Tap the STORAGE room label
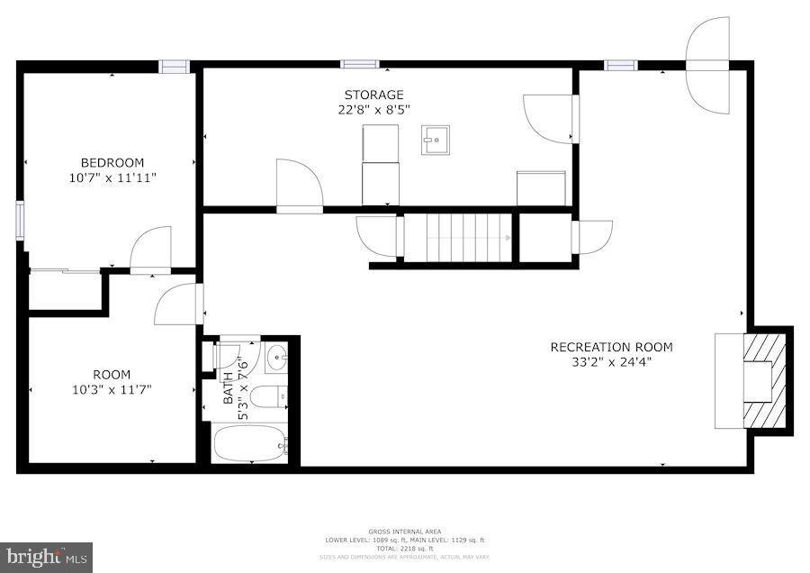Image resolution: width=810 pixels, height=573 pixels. tap(373, 95)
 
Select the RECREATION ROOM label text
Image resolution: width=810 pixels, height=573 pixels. tap(611, 347)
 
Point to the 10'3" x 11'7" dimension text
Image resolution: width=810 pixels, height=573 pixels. tap(112, 389)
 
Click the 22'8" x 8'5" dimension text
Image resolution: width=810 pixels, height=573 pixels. tap(373, 110)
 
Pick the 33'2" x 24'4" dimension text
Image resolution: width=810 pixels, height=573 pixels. tap(611, 362)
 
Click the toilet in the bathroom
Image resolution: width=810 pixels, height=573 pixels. tap(268, 396)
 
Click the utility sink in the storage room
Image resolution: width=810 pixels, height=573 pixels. tap(435, 140)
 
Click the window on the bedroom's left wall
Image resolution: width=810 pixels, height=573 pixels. tap(20, 221)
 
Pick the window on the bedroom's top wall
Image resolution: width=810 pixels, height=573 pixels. tap(174, 66)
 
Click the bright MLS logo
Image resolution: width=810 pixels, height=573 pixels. tap(46, 557)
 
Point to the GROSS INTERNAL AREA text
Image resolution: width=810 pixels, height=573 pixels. tap(404, 532)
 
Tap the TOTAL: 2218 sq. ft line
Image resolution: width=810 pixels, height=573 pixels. tap(404, 548)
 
